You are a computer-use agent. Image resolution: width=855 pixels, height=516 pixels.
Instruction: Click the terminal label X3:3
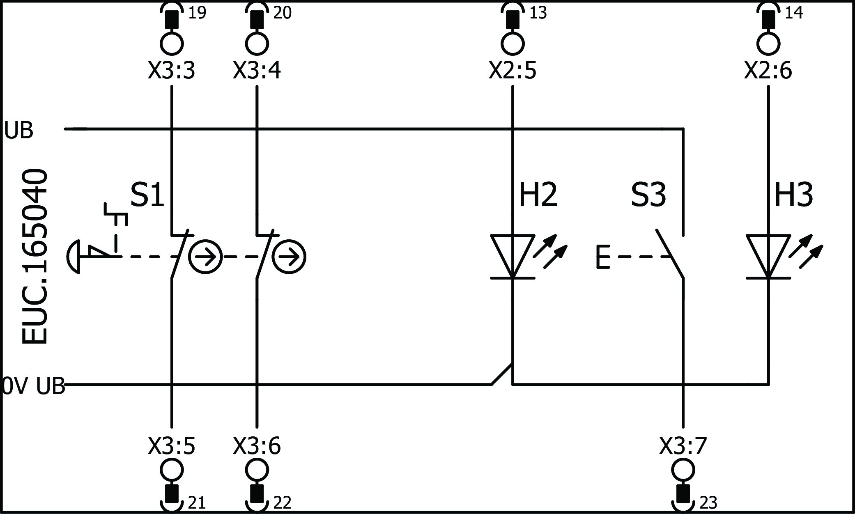tap(171, 71)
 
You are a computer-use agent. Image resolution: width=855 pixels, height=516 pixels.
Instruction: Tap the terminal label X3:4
tap(257, 71)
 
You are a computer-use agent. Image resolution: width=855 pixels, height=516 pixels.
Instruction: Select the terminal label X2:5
tap(512, 71)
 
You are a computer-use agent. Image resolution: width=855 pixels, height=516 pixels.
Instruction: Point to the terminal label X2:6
tap(768, 71)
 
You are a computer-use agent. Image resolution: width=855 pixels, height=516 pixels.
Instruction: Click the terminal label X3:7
tap(683, 446)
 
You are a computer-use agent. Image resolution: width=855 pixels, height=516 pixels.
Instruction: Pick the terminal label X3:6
tap(257, 446)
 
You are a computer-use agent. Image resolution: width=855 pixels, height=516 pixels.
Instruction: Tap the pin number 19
tap(197, 13)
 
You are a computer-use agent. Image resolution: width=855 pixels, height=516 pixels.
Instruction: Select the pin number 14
tap(793, 13)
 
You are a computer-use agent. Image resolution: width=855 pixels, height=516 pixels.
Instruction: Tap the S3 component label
tap(648, 195)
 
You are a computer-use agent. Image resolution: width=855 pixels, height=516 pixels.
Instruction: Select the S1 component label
tap(147, 195)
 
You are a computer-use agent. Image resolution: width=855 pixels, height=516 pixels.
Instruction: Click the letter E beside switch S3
tap(602, 257)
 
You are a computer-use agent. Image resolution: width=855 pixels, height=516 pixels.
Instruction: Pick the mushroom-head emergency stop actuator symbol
tap(74, 257)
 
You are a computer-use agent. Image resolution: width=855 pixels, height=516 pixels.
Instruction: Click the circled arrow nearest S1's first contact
tap(205, 257)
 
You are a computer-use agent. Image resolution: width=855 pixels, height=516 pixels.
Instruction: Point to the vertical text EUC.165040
tap(34, 257)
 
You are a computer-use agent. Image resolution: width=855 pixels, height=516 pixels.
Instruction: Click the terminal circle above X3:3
tap(171, 44)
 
